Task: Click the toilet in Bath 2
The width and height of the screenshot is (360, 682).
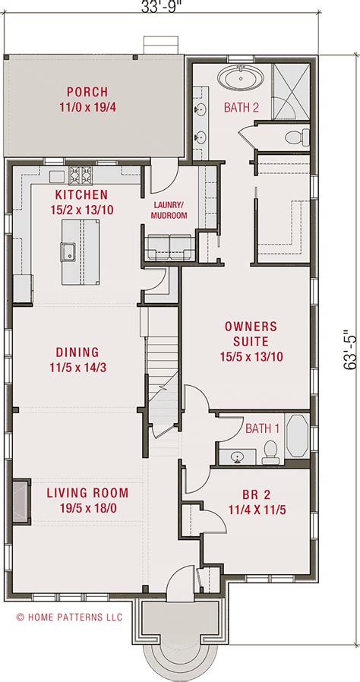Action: [x=298, y=137]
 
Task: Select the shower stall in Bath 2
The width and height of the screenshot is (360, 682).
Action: [x=291, y=91]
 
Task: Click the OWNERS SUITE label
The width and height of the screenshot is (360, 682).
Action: [x=250, y=333]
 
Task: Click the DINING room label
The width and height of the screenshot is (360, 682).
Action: [x=77, y=352]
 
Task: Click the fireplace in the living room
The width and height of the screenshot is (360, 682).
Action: [x=21, y=501]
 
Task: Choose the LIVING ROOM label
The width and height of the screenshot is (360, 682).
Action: [x=87, y=493]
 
